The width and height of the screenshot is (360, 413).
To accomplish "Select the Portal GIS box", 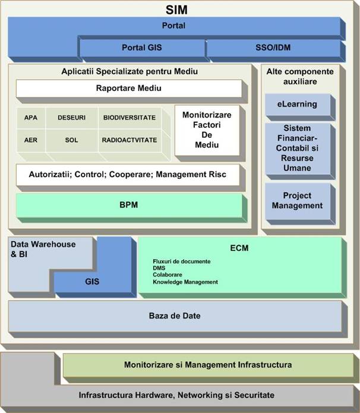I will [x=141, y=48].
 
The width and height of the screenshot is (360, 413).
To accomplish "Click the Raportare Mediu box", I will [x=129, y=89].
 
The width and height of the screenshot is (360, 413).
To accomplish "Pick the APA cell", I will [x=31, y=118].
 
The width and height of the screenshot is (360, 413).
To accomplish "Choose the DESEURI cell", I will [x=71, y=118].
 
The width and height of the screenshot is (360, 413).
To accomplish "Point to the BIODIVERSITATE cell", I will [x=130, y=118].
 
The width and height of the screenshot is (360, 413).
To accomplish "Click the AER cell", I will [x=31, y=140].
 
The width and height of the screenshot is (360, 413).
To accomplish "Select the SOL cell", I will [x=71, y=140].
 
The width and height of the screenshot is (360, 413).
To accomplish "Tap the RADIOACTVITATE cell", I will [x=130, y=140].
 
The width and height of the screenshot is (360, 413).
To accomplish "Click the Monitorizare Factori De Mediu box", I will [x=207, y=130].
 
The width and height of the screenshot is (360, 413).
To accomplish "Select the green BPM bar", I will [x=129, y=206].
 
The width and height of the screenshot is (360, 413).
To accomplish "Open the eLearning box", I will [x=296, y=105].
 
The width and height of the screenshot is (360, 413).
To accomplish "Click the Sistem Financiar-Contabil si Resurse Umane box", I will [x=297, y=148].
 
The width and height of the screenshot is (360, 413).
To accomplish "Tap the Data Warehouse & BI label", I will [x=34, y=249].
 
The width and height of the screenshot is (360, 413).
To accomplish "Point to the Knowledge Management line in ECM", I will [x=185, y=282].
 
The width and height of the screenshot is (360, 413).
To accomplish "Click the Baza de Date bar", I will [x=175, y=315].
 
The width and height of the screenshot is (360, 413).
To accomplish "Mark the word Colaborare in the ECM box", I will [x=167, y=275].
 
